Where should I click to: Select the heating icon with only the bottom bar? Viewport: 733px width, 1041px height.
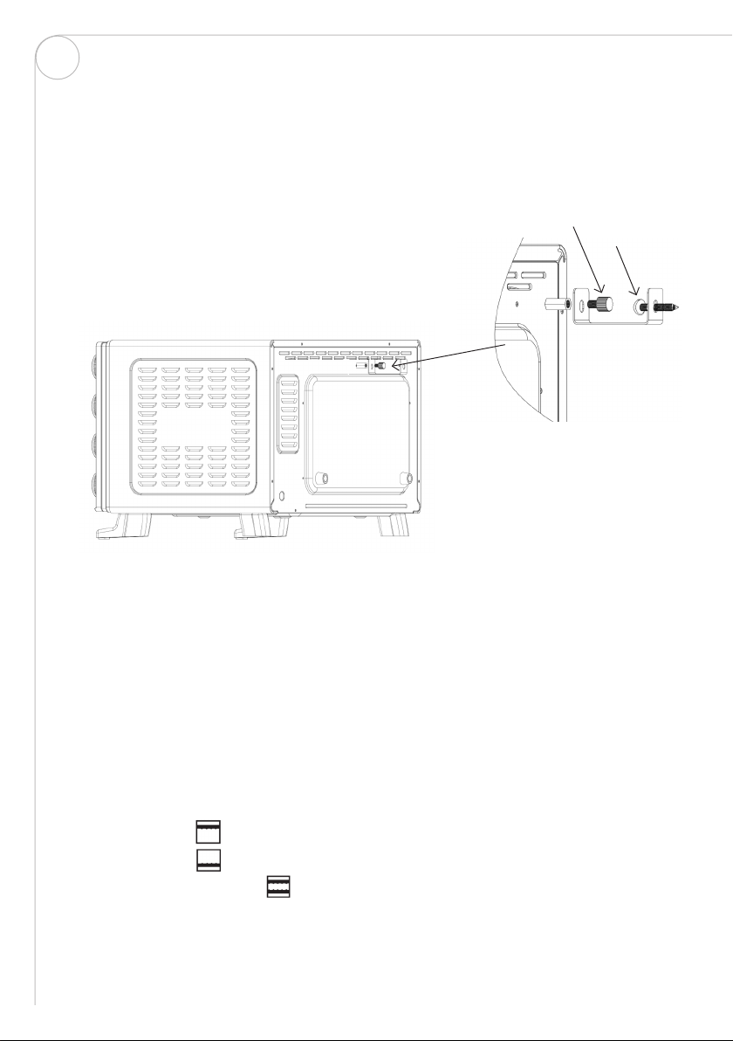click(208, 858)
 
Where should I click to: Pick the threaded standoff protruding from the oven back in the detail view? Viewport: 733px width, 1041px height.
click(556, 304)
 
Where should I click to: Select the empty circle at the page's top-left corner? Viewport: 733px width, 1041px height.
click(58, 59)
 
